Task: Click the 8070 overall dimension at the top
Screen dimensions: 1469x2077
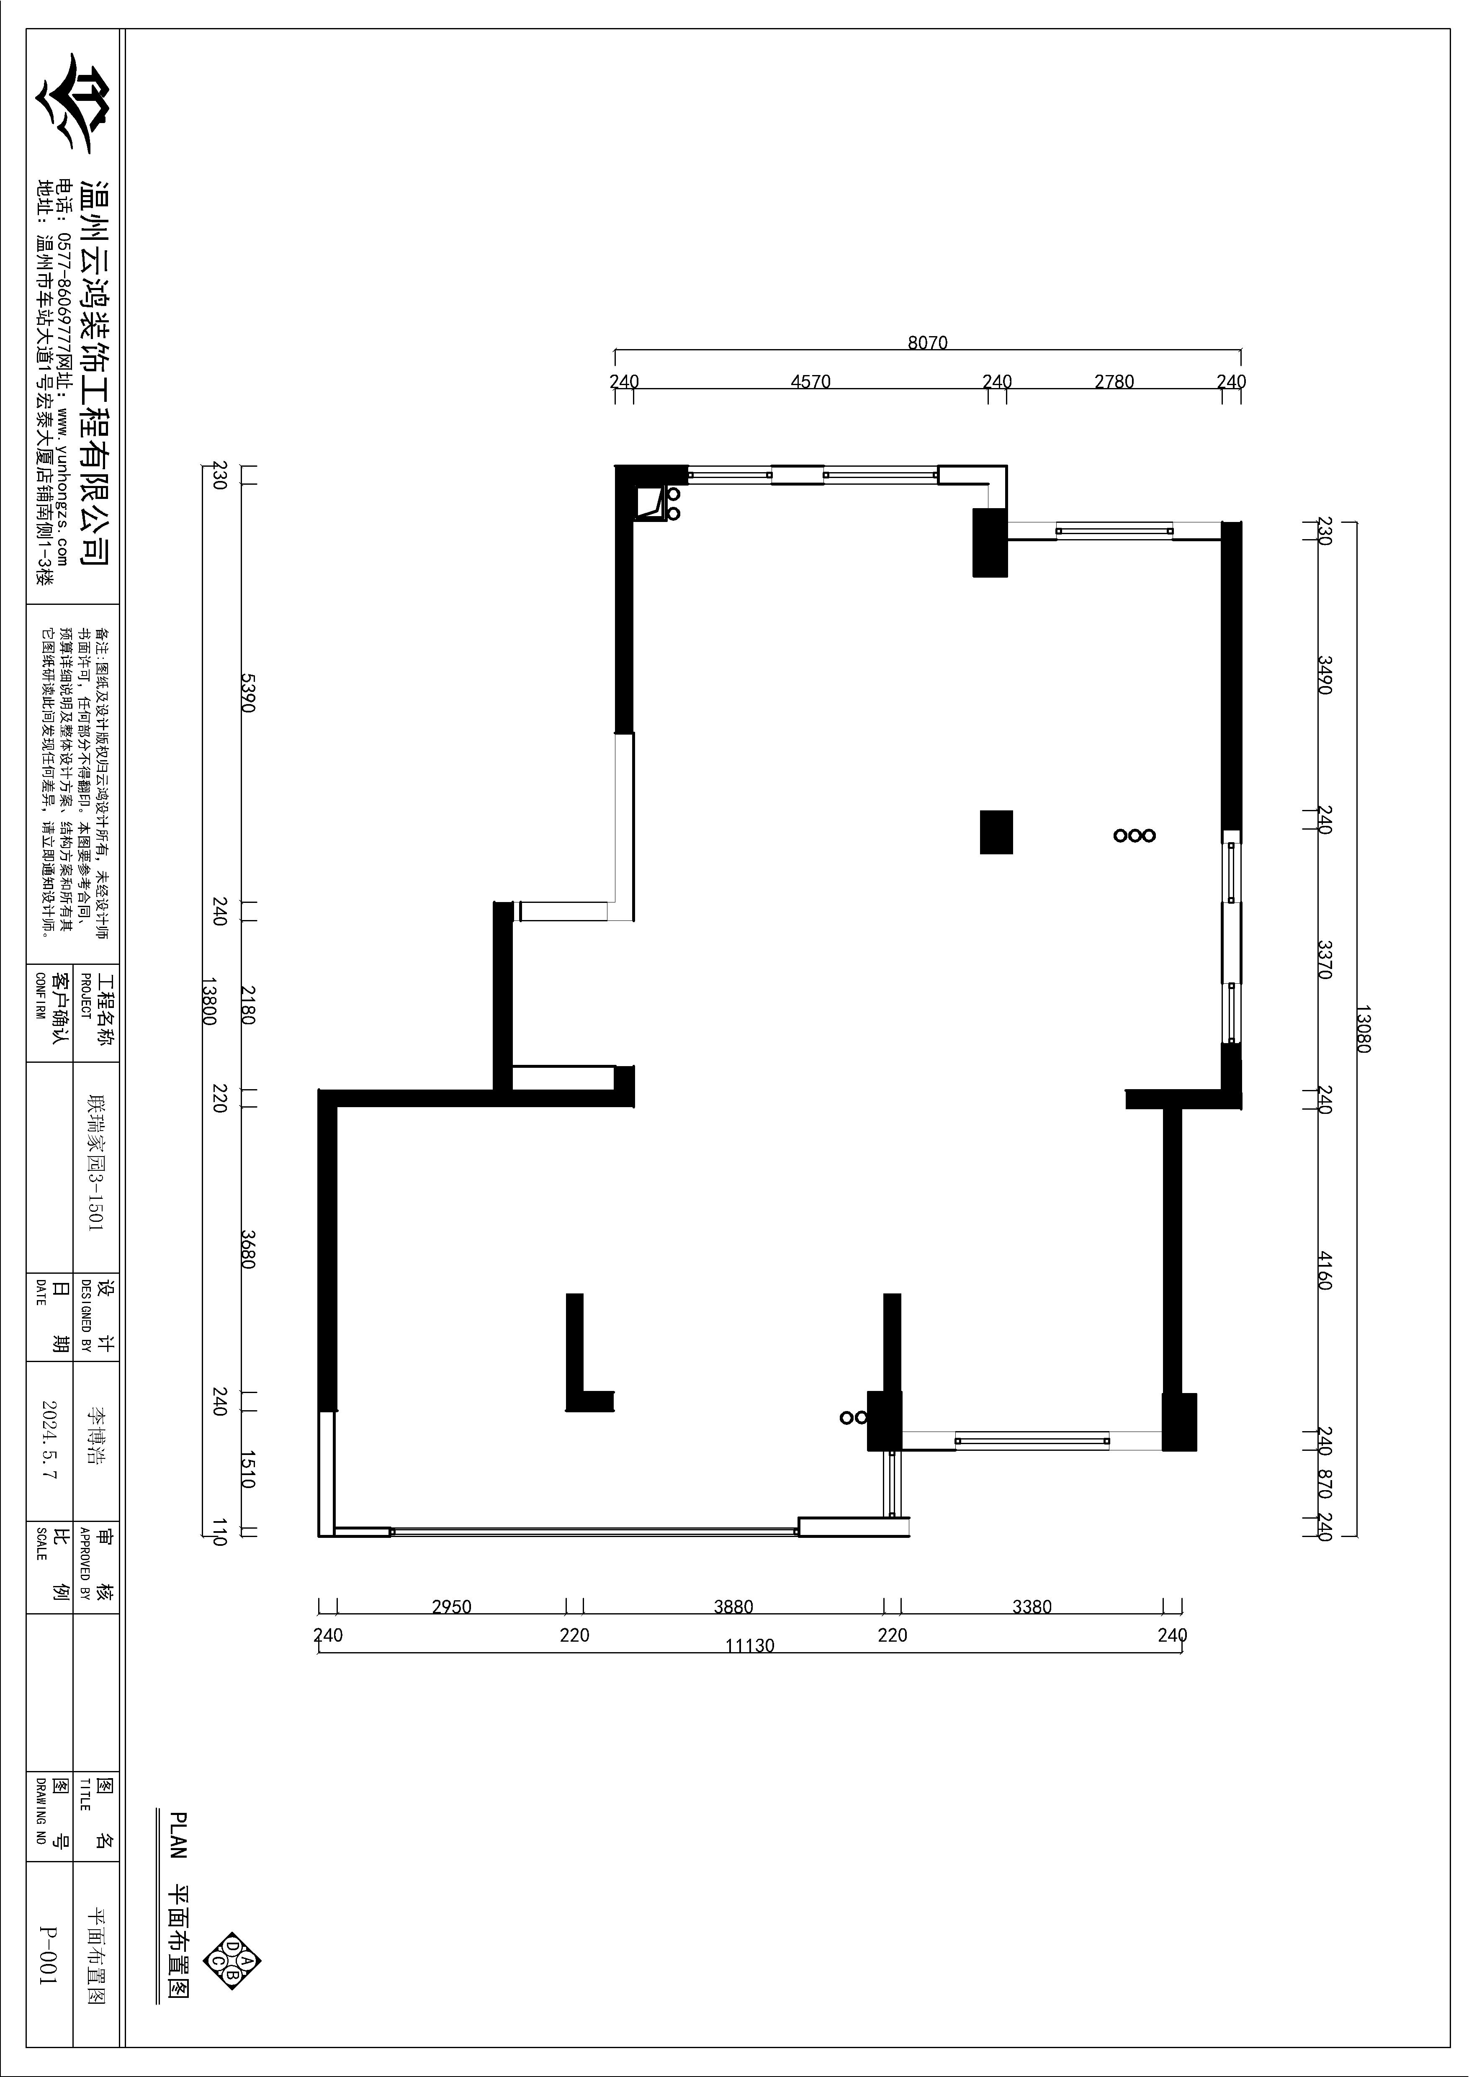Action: click(x=927, y=343)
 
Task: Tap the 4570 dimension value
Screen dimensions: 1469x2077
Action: click(x=810, y=382)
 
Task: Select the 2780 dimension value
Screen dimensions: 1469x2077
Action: click(x=1114, y=382)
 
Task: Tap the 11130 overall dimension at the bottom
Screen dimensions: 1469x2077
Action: click(x=750, y=1645)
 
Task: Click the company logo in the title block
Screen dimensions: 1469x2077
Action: click(x=72, y=102)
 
